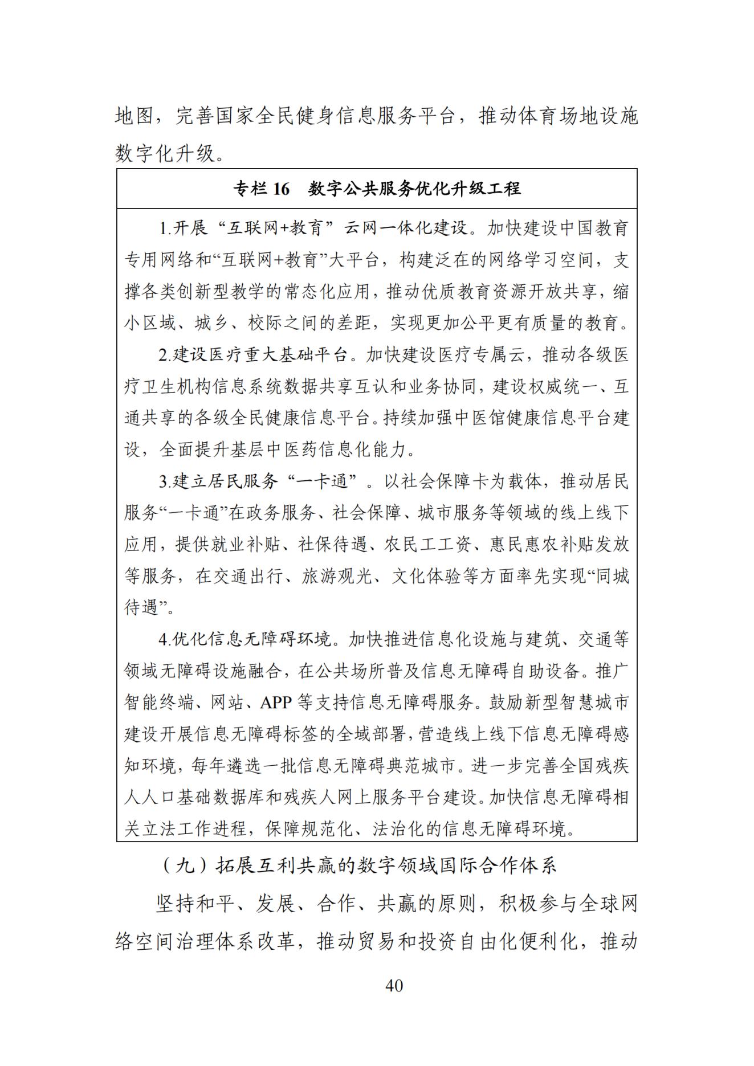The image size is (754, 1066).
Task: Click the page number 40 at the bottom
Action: [394, 985]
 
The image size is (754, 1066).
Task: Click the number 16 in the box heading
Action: [280, 189]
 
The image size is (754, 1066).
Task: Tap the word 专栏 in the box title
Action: [249, 189]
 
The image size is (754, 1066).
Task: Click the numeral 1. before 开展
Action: [165, 229]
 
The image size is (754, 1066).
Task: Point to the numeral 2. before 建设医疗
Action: [165, 356]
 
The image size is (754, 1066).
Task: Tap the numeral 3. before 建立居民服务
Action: [165, 482]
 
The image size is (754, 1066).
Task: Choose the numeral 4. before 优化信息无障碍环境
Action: [165, 640]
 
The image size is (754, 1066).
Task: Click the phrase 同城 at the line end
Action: [612, 577]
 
